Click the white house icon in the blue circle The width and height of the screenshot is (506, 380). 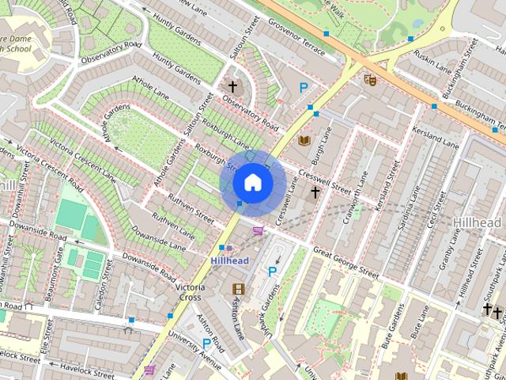point(251,182)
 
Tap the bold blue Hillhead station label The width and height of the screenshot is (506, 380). point(229,260)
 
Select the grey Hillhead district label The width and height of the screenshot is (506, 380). point(479,223)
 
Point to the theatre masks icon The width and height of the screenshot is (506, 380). point(369,78)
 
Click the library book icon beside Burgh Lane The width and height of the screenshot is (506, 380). point(304,140)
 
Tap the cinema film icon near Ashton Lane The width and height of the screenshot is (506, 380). point(237,290)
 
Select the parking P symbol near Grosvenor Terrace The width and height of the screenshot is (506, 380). point(303,89)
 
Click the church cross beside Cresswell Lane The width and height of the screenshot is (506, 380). point(315,192)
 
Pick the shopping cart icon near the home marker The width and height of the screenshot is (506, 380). point(258,230)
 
